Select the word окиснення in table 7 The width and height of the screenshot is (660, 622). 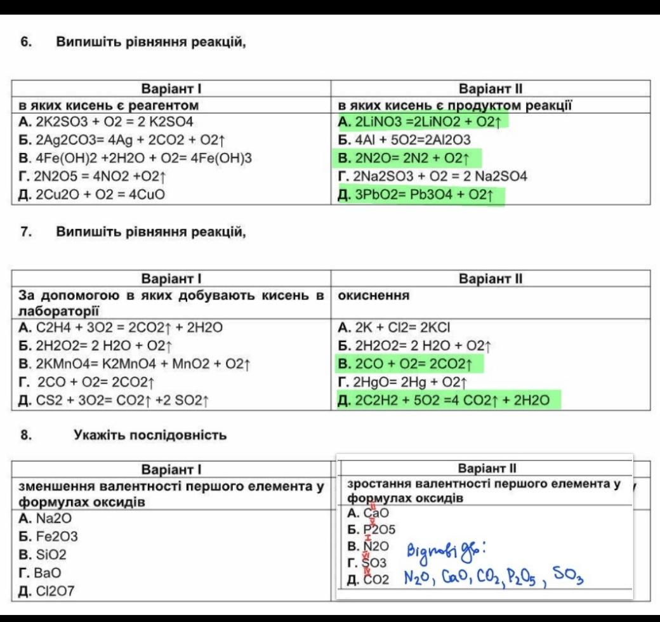pos(374,296)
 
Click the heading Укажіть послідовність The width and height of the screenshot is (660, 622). pos(150,435)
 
